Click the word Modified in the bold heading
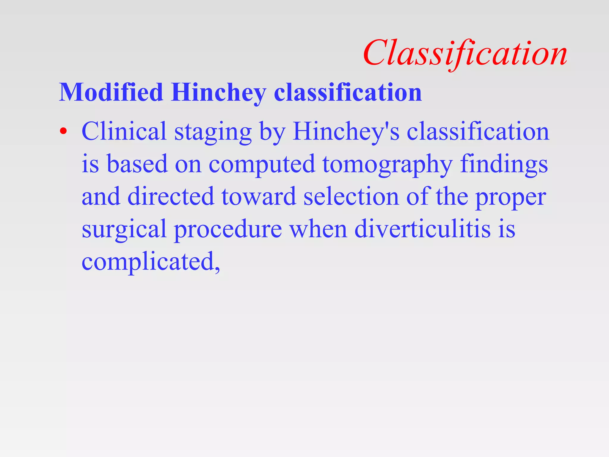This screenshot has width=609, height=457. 111,92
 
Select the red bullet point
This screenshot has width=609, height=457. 63,131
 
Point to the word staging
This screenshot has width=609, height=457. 213,133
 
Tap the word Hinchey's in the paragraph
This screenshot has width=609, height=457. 346,132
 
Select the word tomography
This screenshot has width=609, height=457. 387,165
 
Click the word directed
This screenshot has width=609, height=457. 171,196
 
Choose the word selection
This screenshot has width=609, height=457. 351,196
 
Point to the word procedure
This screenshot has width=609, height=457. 228,230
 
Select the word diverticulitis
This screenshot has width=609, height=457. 422,229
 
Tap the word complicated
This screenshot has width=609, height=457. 150,262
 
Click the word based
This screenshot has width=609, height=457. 137,164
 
